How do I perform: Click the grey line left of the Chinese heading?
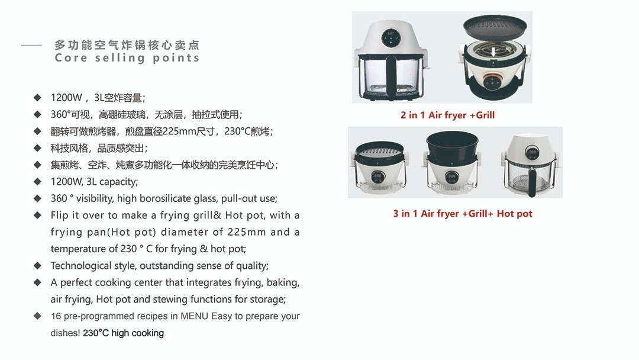click(x=31, y=45)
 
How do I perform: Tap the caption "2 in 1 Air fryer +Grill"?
click(x=447, y=115)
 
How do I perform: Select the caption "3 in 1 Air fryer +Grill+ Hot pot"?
click(x=463, y=214)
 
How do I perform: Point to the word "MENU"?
click(x=194, y=316)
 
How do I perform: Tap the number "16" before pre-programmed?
click(x=56, y=316)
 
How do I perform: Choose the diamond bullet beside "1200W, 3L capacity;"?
click(x=38, y=182)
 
